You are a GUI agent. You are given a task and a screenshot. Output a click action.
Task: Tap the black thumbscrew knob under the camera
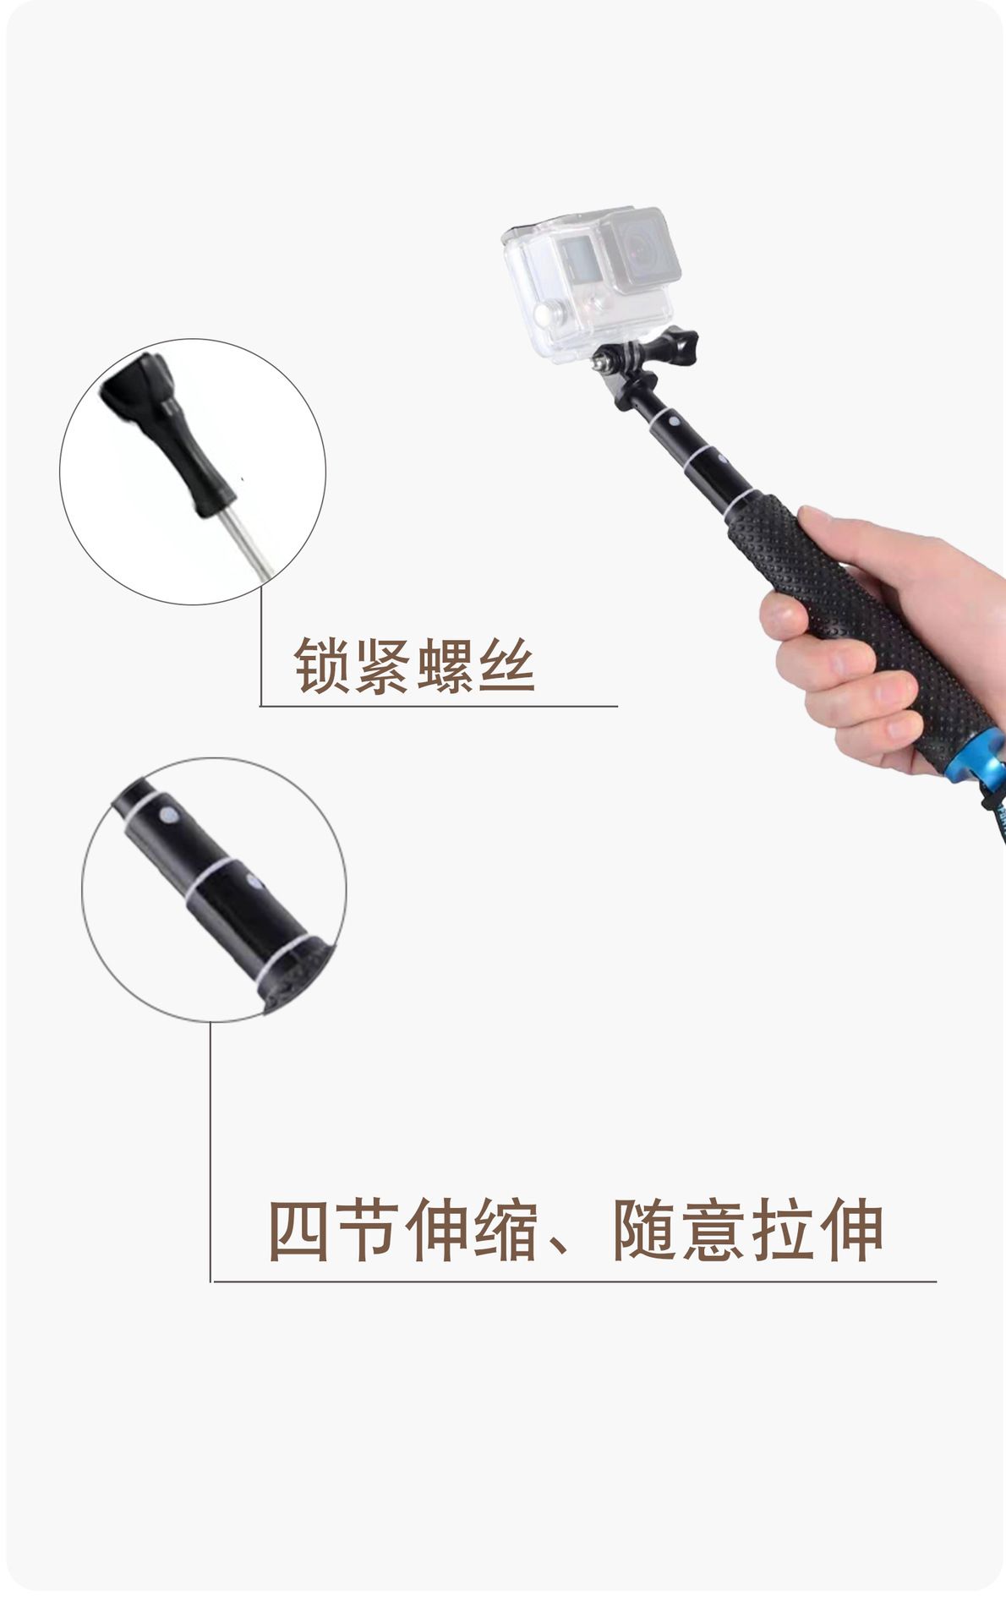pyautogui.click(x=678, y=347)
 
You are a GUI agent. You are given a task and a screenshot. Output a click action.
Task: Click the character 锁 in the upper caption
pyautogui.click(x=322, y=665)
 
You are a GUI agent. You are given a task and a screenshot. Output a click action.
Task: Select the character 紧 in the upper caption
pyautogui.click(x=383, y=665)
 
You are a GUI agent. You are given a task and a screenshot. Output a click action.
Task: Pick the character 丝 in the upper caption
pyautogui.click(x=506, y=665)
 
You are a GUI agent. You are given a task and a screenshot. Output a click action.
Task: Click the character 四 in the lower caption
pyautogui.click(x=298, y=1230)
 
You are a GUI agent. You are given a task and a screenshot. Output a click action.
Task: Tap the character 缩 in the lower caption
pyautogui.click(x=506, y=1230)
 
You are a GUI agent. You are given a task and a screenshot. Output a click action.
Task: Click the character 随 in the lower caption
pyautogui.click(x=645, y=1230)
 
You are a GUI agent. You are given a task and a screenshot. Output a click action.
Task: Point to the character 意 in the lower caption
pyautogui.click(x=714, y=1230)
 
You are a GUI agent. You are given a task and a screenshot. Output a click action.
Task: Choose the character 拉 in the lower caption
pyautogui.click(x=784, y=1230)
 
